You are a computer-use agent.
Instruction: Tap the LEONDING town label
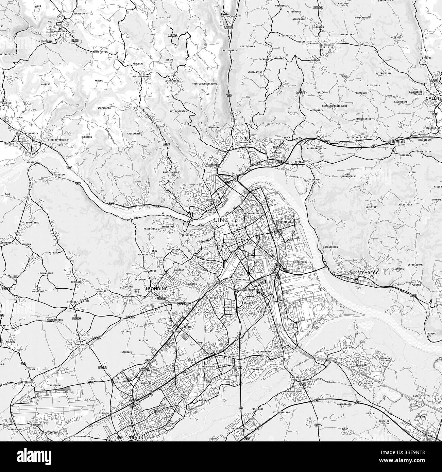[157, 289]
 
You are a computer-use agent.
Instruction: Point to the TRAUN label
[136, 438]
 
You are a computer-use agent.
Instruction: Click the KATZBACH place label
[299, 162]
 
